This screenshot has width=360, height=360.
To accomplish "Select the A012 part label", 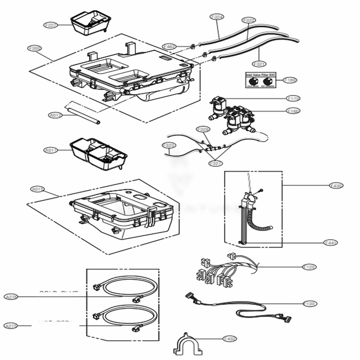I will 55,115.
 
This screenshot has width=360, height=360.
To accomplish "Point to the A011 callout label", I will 51,150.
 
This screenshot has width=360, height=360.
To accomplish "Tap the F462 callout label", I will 169,46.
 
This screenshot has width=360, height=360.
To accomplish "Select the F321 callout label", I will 260,64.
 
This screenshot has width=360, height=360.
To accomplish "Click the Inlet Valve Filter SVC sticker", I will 260,80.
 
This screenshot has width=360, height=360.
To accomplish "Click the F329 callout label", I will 203,129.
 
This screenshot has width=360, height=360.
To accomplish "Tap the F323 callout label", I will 168,145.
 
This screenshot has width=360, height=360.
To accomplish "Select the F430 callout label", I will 336,185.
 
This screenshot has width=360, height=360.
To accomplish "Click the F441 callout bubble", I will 330,243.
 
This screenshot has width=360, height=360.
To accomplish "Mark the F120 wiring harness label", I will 309,267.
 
